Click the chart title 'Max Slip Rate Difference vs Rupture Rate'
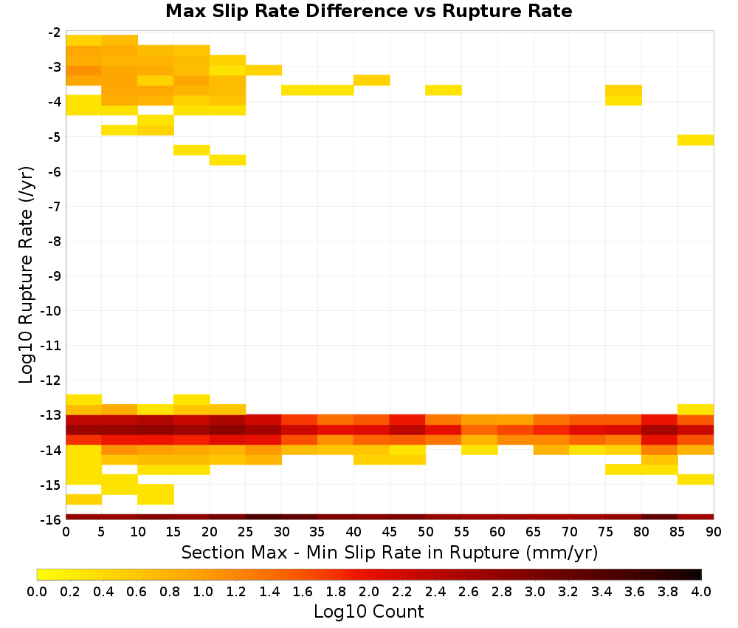[x=368, y=11]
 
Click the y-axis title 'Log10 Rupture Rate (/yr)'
[x=26, y=275]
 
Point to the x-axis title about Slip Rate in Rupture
[x=390, y=553]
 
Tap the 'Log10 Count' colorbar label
[x=368, y=612]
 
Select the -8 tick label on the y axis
[x=55, y=241]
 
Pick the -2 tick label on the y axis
[x=55, y=33]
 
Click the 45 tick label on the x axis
[x=389, y=532]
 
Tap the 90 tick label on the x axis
[x=714, y=532]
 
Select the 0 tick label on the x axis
[x=66, y=532]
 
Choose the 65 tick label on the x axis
[x=534, y=532]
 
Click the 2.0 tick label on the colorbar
[x=368, y=591]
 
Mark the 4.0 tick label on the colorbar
[x=701, y=591]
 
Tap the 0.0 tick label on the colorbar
[x=37, y=591]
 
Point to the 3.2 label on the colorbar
[x=568, y=591]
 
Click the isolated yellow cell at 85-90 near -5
[x=696, y=140]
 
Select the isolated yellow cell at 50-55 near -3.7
[x=444, y=90]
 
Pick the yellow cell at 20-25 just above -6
[x=228, y=160]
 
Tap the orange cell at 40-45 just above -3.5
[x=372, y=80]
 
